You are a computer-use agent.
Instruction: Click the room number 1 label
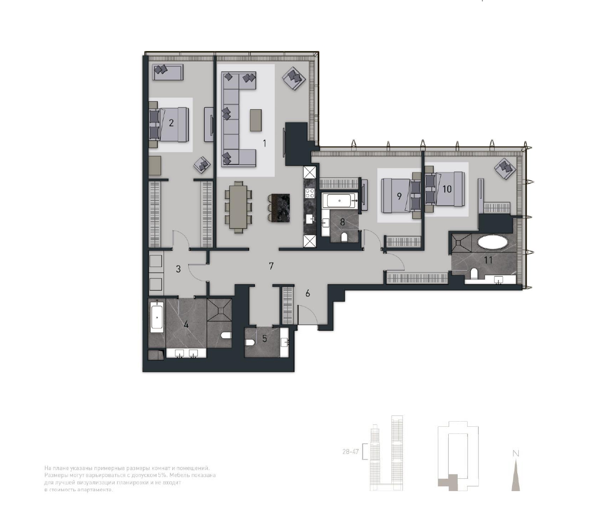click(x=264, y=143)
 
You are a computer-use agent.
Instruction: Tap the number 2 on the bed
click(x=171, y=123)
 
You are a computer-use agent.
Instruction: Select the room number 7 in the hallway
click(x=271, y=266)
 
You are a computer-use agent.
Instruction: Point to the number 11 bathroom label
click(x=488, y=259)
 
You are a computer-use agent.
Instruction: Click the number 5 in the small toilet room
click(x=265, y=338)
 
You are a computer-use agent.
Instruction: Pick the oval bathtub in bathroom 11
click(x=492, y=242)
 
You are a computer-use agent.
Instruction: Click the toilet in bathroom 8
click(x=344, y=237)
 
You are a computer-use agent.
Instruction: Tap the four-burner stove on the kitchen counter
click(x=310, y=193)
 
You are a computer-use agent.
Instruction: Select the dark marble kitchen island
click(x=278, y=208)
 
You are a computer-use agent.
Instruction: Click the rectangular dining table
click(x=239, y=207)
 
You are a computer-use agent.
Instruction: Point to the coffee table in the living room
click(x=256, y=120)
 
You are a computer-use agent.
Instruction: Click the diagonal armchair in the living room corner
click(x=294, y=78)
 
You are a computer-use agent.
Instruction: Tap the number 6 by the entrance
click(x=308, y=294)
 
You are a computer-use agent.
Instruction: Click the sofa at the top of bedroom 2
click(x=168, y=72)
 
